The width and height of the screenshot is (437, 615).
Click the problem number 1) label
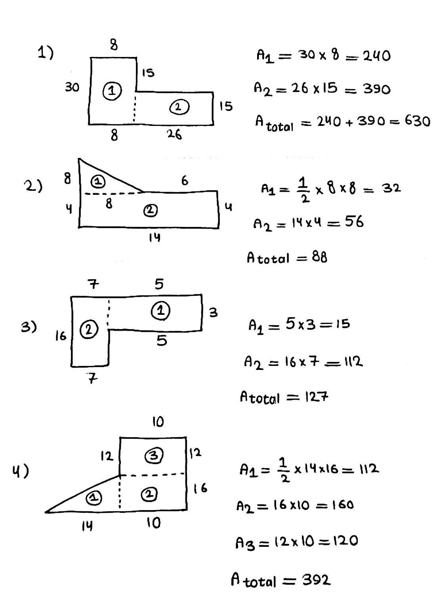pyautogui.click(x=46, y=52)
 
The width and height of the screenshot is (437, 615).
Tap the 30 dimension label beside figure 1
pyautogui.click(x=72, y=87)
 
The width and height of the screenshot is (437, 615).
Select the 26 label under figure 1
pyautogui.click(x=174, y=135)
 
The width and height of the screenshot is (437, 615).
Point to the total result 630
pyautogui.click(x=417, y=121)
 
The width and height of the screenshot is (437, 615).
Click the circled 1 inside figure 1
pyautogui.click(x=112, y=91)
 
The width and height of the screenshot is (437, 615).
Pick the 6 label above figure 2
pyautogui.click(x=185, y=181)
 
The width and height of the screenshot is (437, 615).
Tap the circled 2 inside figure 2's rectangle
pyautogui.click(x=150, y=210)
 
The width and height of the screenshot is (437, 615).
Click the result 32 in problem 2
pyautogui.click(x=391, y=188)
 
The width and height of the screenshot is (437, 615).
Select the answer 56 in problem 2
pyautogui.click(x=354, y=222)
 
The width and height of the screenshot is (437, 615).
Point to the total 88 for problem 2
pyautogui.click(x=319, y=258)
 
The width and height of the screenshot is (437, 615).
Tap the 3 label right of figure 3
pyautogui.click(x=213, y=313)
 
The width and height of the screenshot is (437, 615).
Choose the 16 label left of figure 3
pyautogui.click(x=61, y=337)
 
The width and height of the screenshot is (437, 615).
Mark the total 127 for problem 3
pyautogui.click(x=317, y=397)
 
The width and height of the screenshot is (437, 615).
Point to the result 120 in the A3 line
pyautogui.click(x=344, y=541)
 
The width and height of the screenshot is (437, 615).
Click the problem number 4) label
pyautogui.click(x=20, y=471)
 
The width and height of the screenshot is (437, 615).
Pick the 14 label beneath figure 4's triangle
pyautogui.click(x=87, y=526)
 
